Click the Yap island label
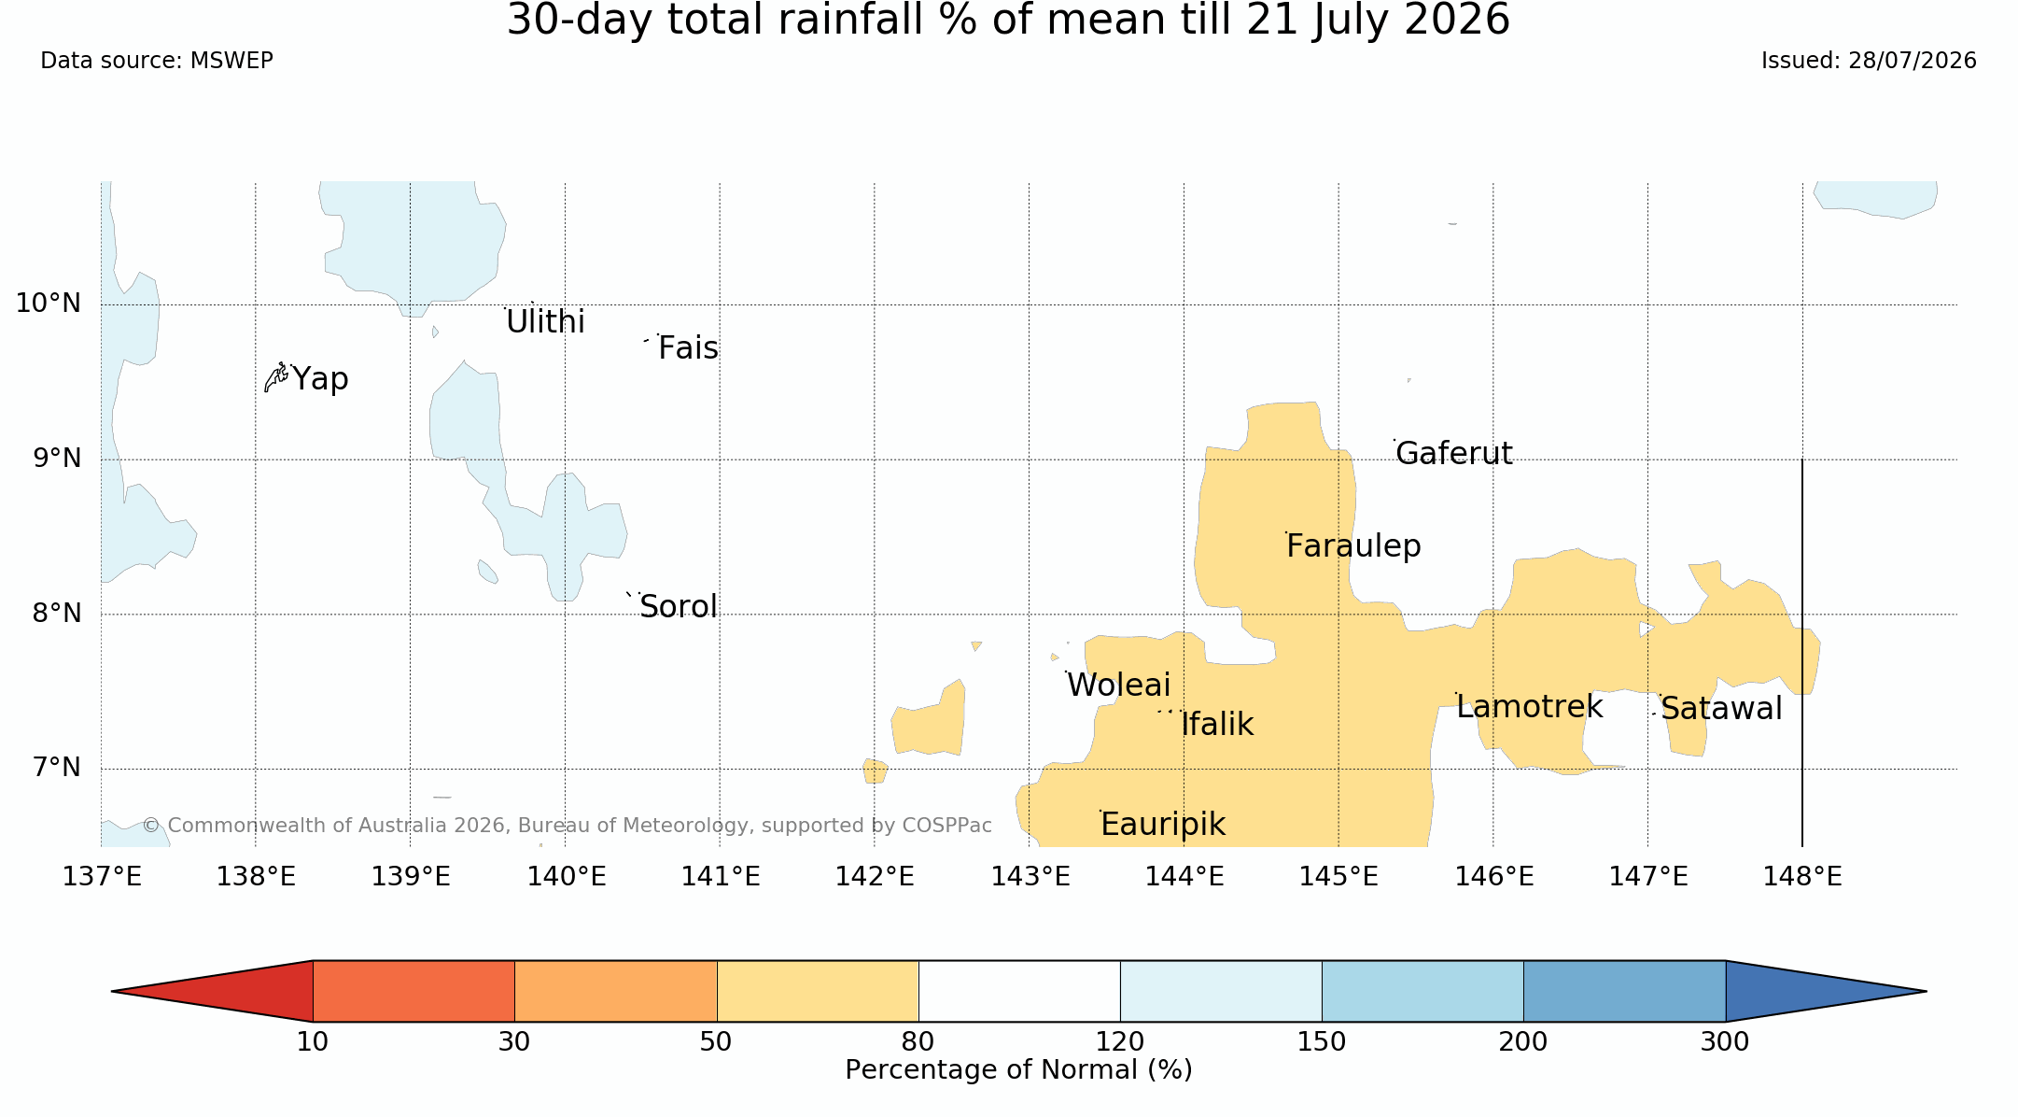tap(320, 379)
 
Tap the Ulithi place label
tap(545, 322)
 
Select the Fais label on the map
tap(688, 348)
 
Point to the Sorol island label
tap(679, 607)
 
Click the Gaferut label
tap(1454, 453)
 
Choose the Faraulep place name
tap(1353, 546)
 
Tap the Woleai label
tap(1118, 686)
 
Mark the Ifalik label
tap(1217, 725)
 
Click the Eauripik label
tap(1163, 825)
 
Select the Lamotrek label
tap(1529, 707)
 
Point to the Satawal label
tap(1721, 709)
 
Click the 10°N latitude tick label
tap(49, 304)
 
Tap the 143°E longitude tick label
tap(1030, 877)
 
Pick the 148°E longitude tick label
tap(1802, 877)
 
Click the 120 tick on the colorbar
tap(1120, 1041)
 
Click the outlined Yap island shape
tap(275, 377)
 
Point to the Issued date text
tap(1869, 61)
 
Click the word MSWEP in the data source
tap(231, 61)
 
